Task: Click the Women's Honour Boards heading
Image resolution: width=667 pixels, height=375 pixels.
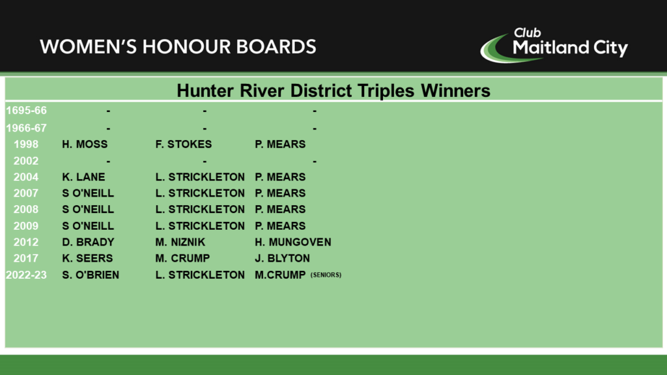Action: click(178, 47)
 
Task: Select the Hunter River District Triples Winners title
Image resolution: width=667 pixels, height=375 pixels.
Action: click(333, 90)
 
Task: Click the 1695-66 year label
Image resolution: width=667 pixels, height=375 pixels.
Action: click(26, 111)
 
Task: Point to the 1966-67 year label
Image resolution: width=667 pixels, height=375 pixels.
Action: click(26, 128)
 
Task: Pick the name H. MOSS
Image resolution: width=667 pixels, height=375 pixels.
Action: click(85, 145)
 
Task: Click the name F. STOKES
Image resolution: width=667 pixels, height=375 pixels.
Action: click(183, 145)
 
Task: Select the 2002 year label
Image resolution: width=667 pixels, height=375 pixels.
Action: click(26, 161)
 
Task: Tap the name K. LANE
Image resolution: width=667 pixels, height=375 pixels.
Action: click(83, 177)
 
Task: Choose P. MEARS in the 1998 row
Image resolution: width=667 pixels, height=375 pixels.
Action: click(280, 145)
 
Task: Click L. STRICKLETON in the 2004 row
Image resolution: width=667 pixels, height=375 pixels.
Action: click(200, 177)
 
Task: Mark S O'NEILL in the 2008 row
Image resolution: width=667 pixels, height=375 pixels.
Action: click(88, 210)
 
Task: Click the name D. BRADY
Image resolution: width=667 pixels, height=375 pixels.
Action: click(88, 242)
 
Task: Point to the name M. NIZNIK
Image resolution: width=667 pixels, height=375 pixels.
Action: click(180, 242)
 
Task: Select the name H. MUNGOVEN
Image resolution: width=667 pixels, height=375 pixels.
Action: click(293, 242)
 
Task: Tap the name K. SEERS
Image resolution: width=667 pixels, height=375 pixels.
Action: click(87, 258)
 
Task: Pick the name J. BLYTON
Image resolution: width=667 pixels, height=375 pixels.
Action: click(282, 258)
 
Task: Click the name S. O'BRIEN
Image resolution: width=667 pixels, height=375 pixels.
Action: click(91, 275)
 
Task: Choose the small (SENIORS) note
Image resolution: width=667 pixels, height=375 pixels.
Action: click(326, 275)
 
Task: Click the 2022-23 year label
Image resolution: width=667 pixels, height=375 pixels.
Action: click(26, 275)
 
